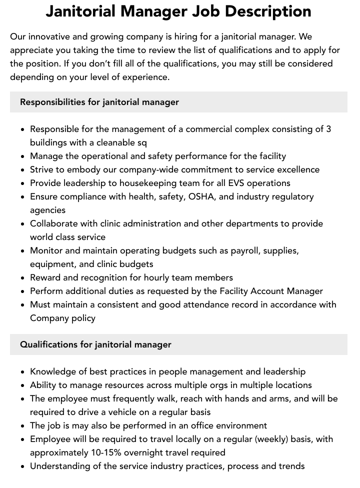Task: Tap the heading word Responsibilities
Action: pyautogui.click(x=52, y=102)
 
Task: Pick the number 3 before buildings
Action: pyautogui.click(x=328, y=129)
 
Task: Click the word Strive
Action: pyautogui.click(x=42, y=169)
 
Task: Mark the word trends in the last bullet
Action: pyautogui.click(x=291, y=466)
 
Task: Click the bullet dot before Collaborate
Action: pyautogui.click(x=23, y=224)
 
